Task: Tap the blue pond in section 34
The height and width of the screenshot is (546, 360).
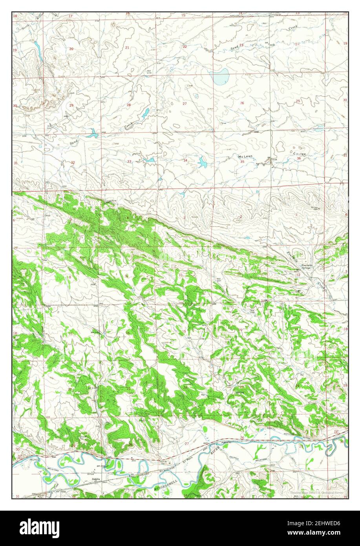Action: point(202,161)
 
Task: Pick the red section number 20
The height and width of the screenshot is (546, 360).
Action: point(71,49)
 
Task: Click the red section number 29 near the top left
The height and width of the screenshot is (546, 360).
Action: point(71,105)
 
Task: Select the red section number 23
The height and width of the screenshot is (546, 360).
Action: point(241,45)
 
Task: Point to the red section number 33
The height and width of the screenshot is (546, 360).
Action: point(129,161)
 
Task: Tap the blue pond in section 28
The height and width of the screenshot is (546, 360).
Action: point(145,113)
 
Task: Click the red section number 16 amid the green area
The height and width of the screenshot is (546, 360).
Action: point(128,332)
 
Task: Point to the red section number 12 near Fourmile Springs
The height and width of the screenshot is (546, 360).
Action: point(298,275)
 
